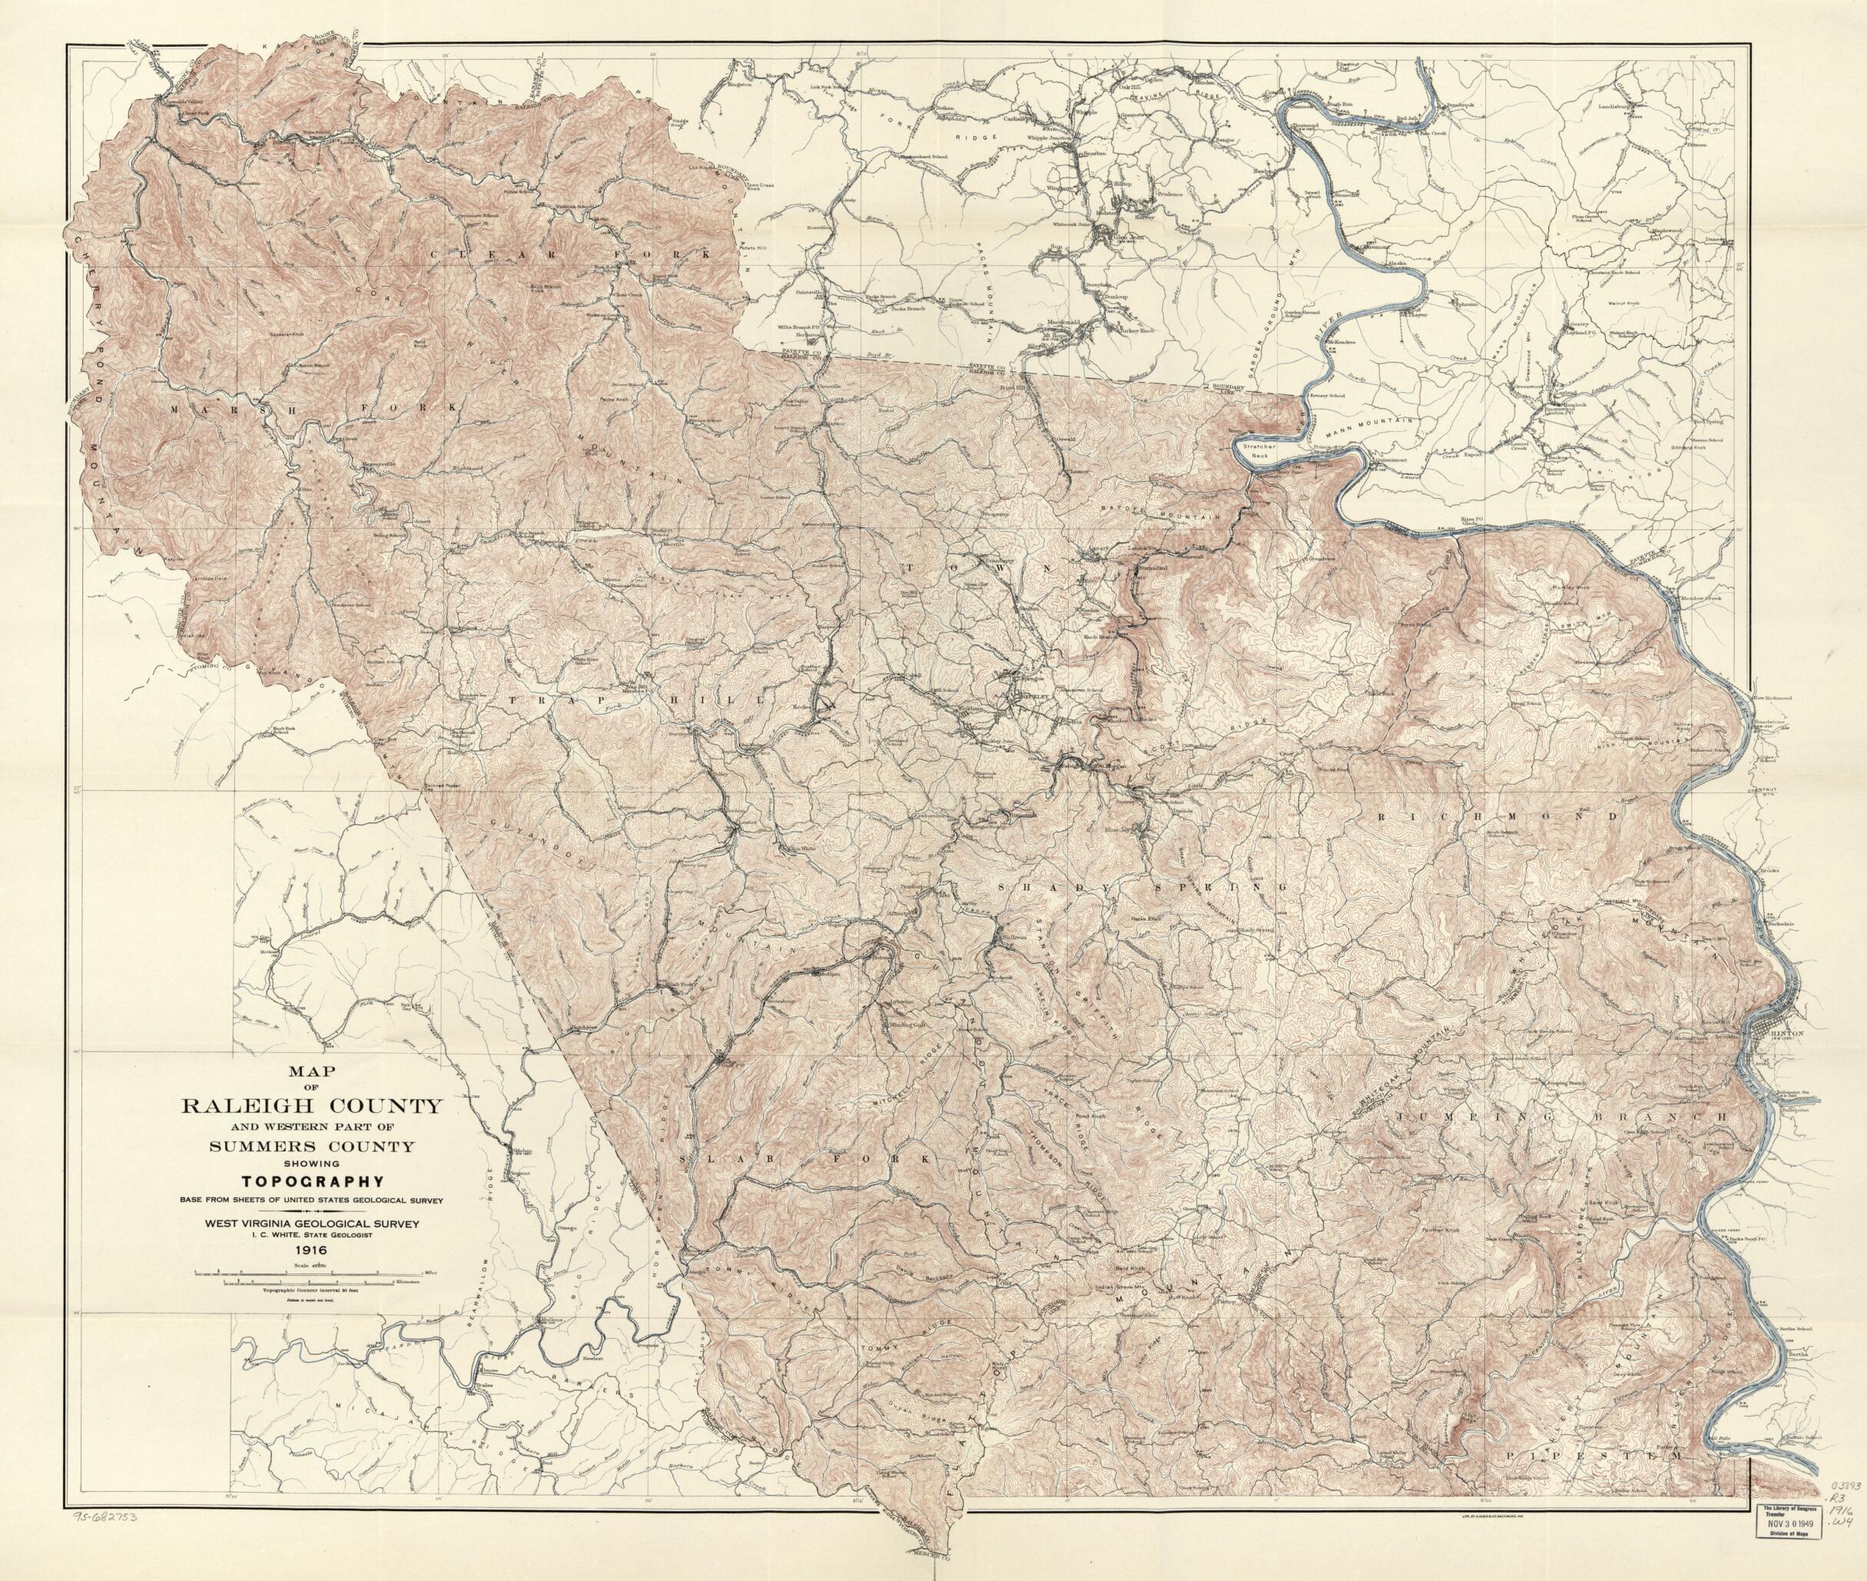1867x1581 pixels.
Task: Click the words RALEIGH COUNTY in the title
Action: [311, 1104]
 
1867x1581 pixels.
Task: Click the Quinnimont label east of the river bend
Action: [1384, 460]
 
